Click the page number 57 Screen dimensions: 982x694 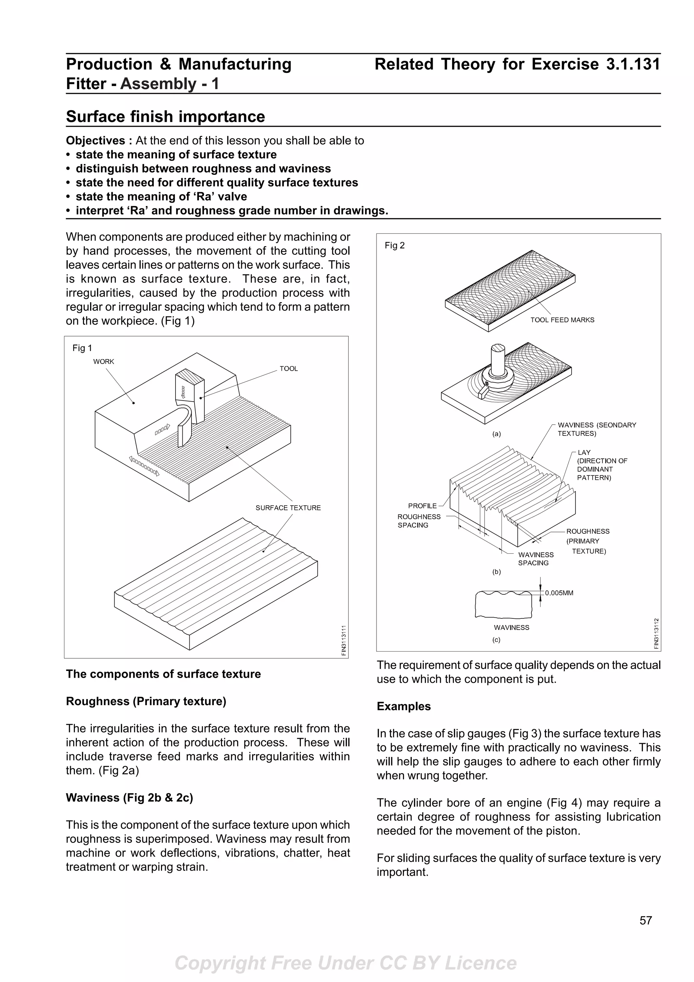(645, 933)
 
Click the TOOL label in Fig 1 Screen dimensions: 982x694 (289, 369)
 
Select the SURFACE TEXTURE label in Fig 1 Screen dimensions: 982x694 (288, 508)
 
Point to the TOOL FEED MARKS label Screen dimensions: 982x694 (562, 320)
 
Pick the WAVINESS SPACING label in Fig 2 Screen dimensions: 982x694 (535, 558)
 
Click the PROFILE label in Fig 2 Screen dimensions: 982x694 (422, 506)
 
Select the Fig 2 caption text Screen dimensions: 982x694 (394, 245)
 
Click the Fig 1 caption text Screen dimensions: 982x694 (82, 348)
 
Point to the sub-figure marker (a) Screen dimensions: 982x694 (496, 434)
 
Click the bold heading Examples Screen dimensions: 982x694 (403, 706)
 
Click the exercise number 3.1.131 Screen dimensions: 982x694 (633, 65)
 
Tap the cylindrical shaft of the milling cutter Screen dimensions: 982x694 (497, 359)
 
